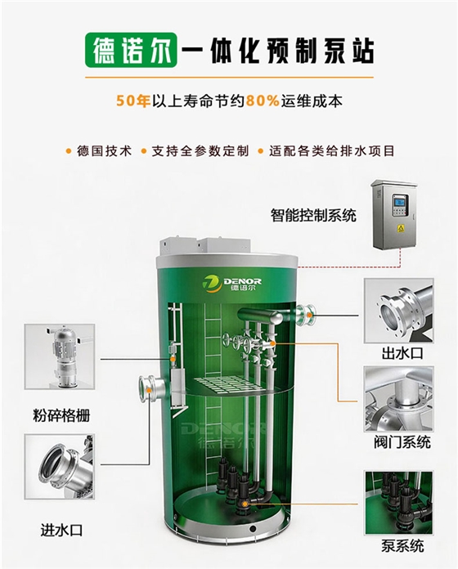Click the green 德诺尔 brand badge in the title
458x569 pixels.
[x=131, y=50]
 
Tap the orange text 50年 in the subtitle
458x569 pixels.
[x=133, y=101]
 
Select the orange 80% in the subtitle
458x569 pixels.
[x=263, y=101]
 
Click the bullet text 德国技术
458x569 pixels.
[x=104, y=151]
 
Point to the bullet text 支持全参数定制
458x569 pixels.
[x=200, y=151]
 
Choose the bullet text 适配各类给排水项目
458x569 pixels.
[x=332, y=151]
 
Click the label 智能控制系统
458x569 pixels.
[x=313, y=215]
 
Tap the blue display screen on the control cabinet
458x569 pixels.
[x=400, y=199]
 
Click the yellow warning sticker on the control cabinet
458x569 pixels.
[x=401, y=228]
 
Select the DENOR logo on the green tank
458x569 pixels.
[x=232, y=284]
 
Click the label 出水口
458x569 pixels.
[x=402, y=352]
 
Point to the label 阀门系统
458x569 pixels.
[x=402, y=442]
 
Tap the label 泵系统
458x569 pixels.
[x=402, y=546]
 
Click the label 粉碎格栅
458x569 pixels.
[x=61, y=415]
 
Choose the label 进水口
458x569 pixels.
[x=61, y=531]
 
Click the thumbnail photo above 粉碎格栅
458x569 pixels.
[x=60, y=356]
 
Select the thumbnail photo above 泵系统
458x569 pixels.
[x=399, y=503]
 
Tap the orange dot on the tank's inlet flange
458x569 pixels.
[x=150, y=390]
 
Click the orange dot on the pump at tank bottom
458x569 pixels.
[x=246, y=504]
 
